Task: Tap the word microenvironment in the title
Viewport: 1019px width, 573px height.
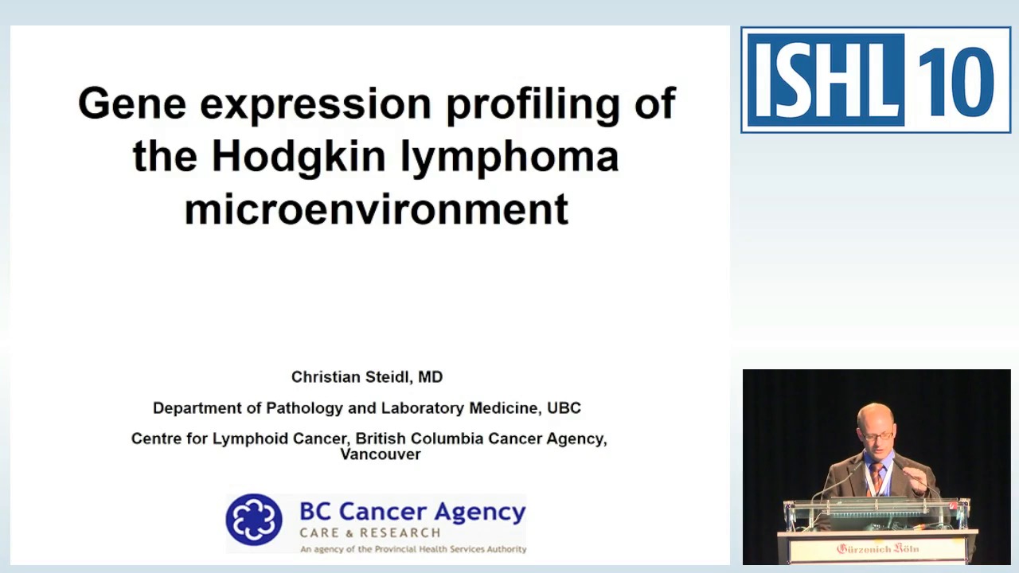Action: [x=376, y=209]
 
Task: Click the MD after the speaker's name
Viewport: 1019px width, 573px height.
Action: [x=431, y=377]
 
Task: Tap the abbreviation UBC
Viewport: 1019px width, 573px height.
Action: [x=564, y=408]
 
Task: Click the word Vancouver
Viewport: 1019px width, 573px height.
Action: [x=381, y=454]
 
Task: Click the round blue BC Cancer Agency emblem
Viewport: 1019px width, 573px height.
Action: [x=254, y=520]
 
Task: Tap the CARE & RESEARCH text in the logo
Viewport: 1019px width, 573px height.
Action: [x=370, y=532]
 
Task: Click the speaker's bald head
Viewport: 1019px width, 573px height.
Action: [x=876, y=417]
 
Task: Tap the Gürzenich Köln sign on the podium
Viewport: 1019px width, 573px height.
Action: [x=877, y=548]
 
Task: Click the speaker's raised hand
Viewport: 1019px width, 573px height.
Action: [x=916, y=478]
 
